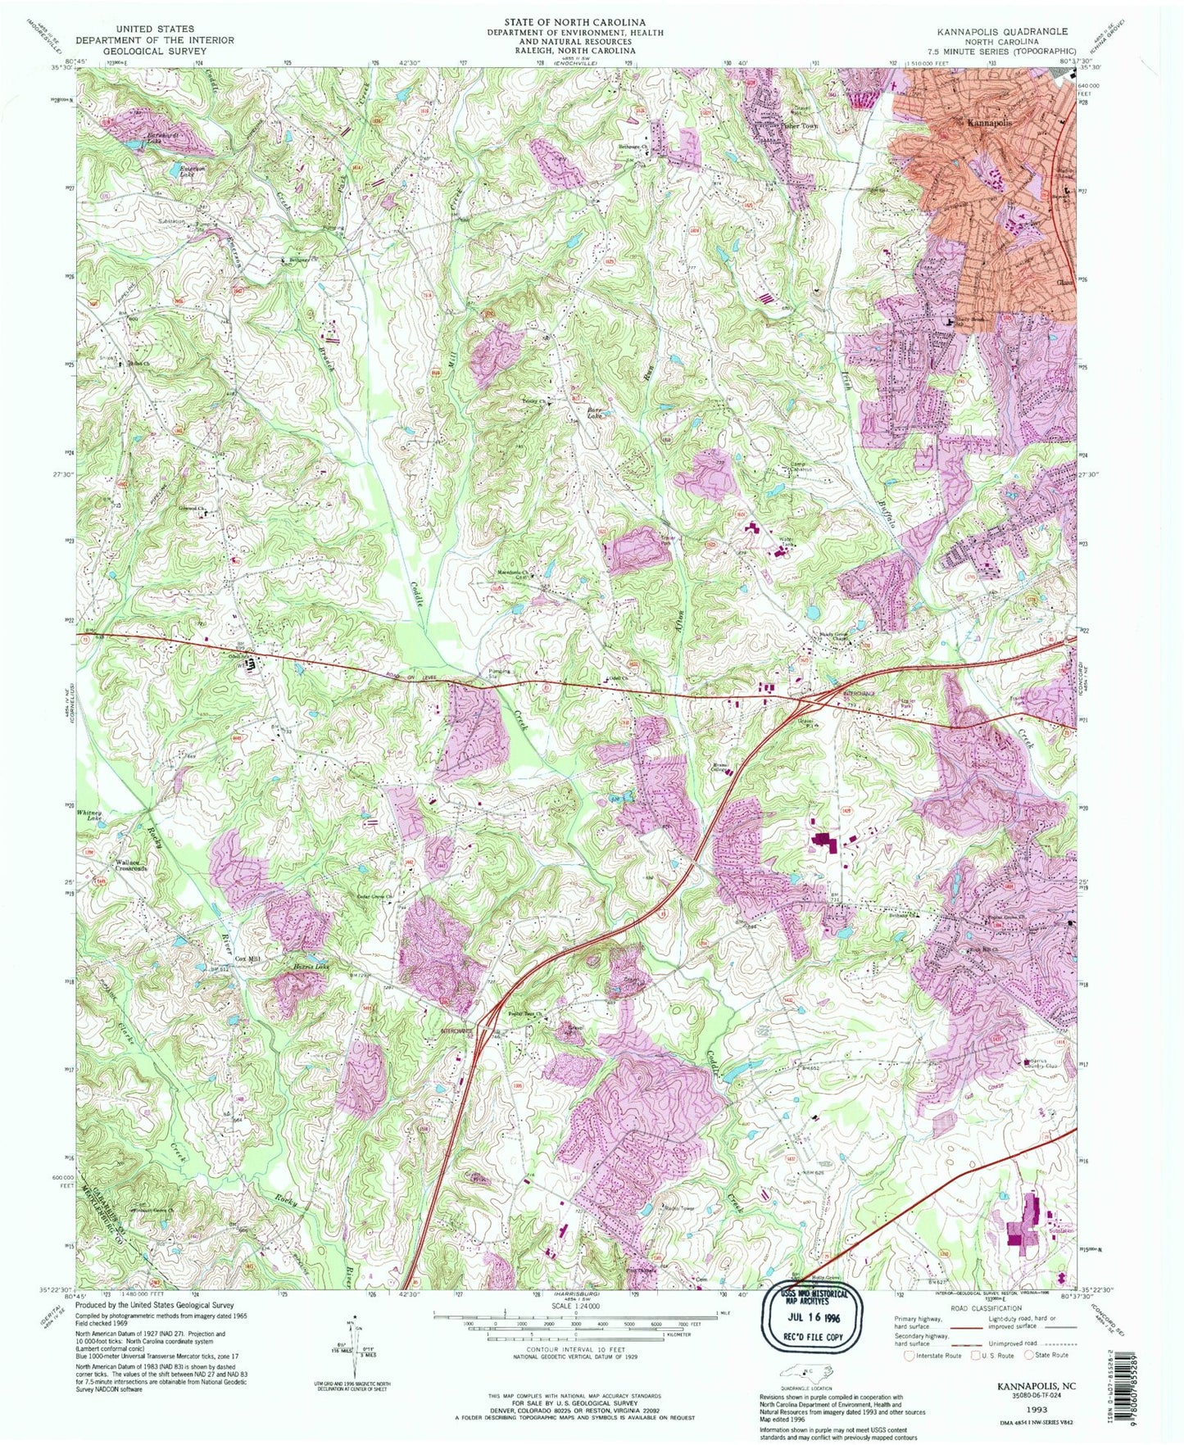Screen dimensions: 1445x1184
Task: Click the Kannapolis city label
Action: [989, 122]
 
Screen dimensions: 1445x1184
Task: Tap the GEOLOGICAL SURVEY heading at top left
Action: [155, 51]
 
